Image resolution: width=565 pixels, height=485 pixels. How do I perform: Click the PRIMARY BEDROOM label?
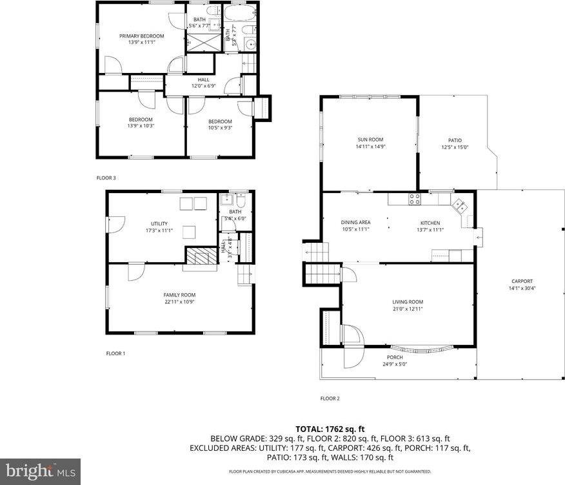(x=141, y=36)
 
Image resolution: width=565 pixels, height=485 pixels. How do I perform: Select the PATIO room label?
(x=455, y=140)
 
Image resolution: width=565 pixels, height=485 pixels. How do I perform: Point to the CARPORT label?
(x=522, y=281)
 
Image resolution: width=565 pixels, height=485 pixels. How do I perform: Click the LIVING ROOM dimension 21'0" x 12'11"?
(x=408, y=309)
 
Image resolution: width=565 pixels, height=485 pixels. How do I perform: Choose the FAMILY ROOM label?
(x=179, y=295)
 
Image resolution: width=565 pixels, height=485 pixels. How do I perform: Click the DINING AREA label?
(x=355, y=222)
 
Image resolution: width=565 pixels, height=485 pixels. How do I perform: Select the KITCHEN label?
(x=430, y=222)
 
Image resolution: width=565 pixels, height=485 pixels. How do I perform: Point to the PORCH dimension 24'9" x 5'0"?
(x=395, y=364)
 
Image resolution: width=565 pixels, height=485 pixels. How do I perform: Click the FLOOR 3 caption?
(x=106, y=178)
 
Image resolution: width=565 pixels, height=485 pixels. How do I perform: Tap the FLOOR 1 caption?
(x=115, y=353)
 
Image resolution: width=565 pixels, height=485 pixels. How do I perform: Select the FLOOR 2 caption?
(x=330, y=398)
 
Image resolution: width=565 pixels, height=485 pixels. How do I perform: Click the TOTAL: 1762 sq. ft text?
(x=330, y=428)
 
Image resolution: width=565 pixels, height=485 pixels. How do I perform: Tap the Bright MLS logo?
(x=40, y=471)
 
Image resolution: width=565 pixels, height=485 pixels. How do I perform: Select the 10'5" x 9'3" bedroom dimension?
(x=220, y=128)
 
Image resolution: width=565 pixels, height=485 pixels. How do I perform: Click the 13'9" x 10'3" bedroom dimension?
(x=141, y=125)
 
